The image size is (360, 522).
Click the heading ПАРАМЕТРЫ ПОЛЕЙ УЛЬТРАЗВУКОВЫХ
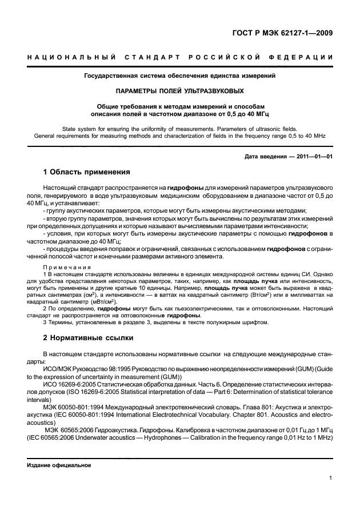pos(180,90)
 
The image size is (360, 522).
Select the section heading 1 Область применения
pos(87,172)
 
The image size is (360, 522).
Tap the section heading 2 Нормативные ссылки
pos(88,338)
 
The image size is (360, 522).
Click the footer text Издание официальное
pos(59,465)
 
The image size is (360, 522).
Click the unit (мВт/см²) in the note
pos(102,302)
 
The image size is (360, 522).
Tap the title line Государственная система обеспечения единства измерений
pos(180,75)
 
